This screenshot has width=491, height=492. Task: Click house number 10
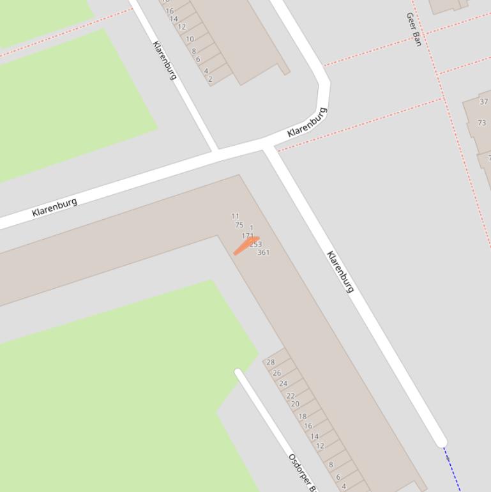click(190, 39)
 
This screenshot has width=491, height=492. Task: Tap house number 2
click(210, 79)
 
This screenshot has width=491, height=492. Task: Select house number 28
click(271, 362)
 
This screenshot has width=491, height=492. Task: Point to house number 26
click(277, 373)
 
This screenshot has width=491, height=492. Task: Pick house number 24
click(283, 384)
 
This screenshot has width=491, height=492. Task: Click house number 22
click(291, 396)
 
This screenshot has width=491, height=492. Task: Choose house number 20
click(295, 404)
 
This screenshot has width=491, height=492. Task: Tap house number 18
click(303, 417)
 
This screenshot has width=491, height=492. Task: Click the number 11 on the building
click(235, 217)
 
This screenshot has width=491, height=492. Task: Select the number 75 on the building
click(239, 225)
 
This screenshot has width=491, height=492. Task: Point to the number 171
click(248, 236)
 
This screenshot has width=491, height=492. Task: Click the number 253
click(256, 244)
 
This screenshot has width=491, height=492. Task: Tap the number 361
click(263, 252)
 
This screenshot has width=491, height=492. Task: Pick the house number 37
click(483, 102)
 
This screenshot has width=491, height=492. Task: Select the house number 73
click(481, 123)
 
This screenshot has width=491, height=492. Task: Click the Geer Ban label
click(414, 29)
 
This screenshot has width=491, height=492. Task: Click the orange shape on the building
click(245, 246)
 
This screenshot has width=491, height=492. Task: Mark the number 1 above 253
click(252, 228)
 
